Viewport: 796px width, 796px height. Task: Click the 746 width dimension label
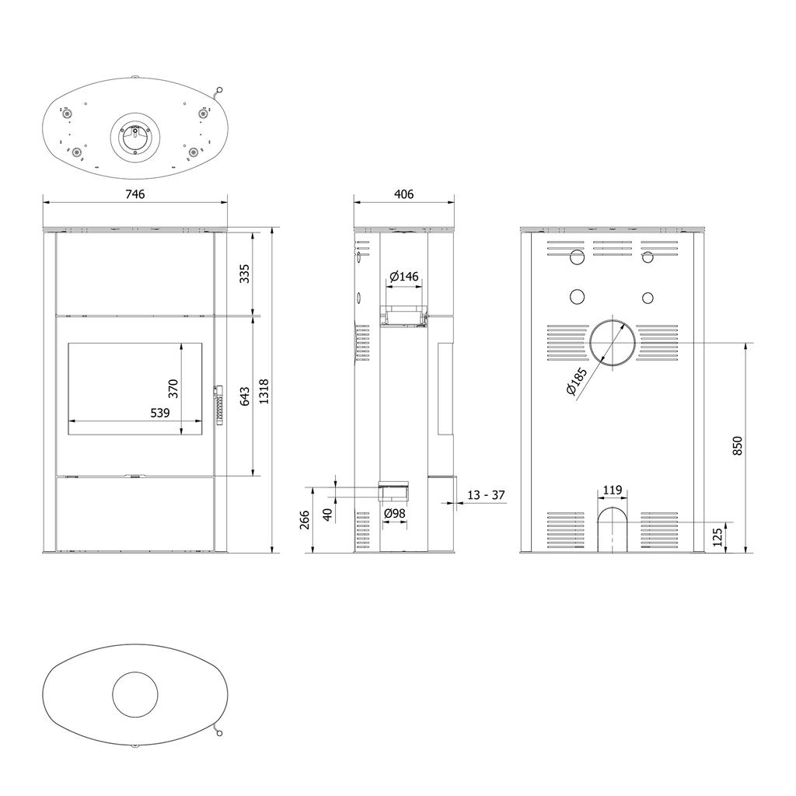coord(135,194)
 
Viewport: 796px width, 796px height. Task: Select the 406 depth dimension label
coord(403,194)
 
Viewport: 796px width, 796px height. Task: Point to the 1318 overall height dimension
coord(264,392)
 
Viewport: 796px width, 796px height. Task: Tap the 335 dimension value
coord(245,274)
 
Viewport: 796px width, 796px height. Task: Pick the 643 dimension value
coord(245,397)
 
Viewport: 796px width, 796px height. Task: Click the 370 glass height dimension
coord(173,389)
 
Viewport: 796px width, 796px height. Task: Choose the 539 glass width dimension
coord(160,413)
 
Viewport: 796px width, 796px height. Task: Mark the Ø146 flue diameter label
coord(404,276)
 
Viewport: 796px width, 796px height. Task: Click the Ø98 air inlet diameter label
coord(394,513)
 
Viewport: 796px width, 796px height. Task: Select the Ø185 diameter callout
coord(576,381)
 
